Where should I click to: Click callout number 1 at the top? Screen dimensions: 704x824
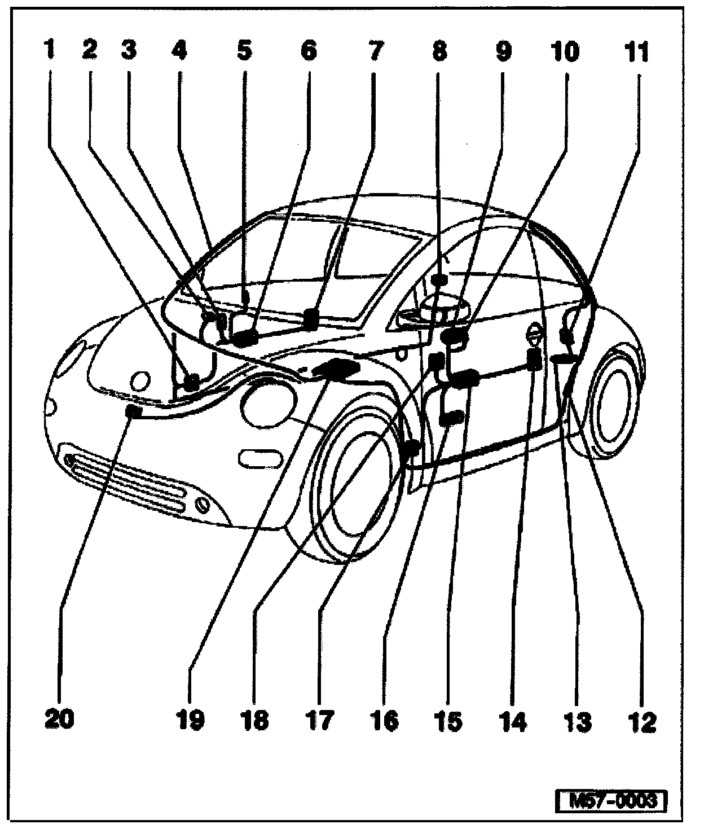(51, 52)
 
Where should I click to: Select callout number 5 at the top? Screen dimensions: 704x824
(244, 52)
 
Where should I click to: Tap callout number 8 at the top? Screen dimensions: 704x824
(439, 52)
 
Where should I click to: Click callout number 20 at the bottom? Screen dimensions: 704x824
(59, 720)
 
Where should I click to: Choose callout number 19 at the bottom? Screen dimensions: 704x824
(190, 720)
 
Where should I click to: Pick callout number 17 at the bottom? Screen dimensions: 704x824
(320, 720)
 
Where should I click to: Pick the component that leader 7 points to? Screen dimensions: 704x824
(311, 319)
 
